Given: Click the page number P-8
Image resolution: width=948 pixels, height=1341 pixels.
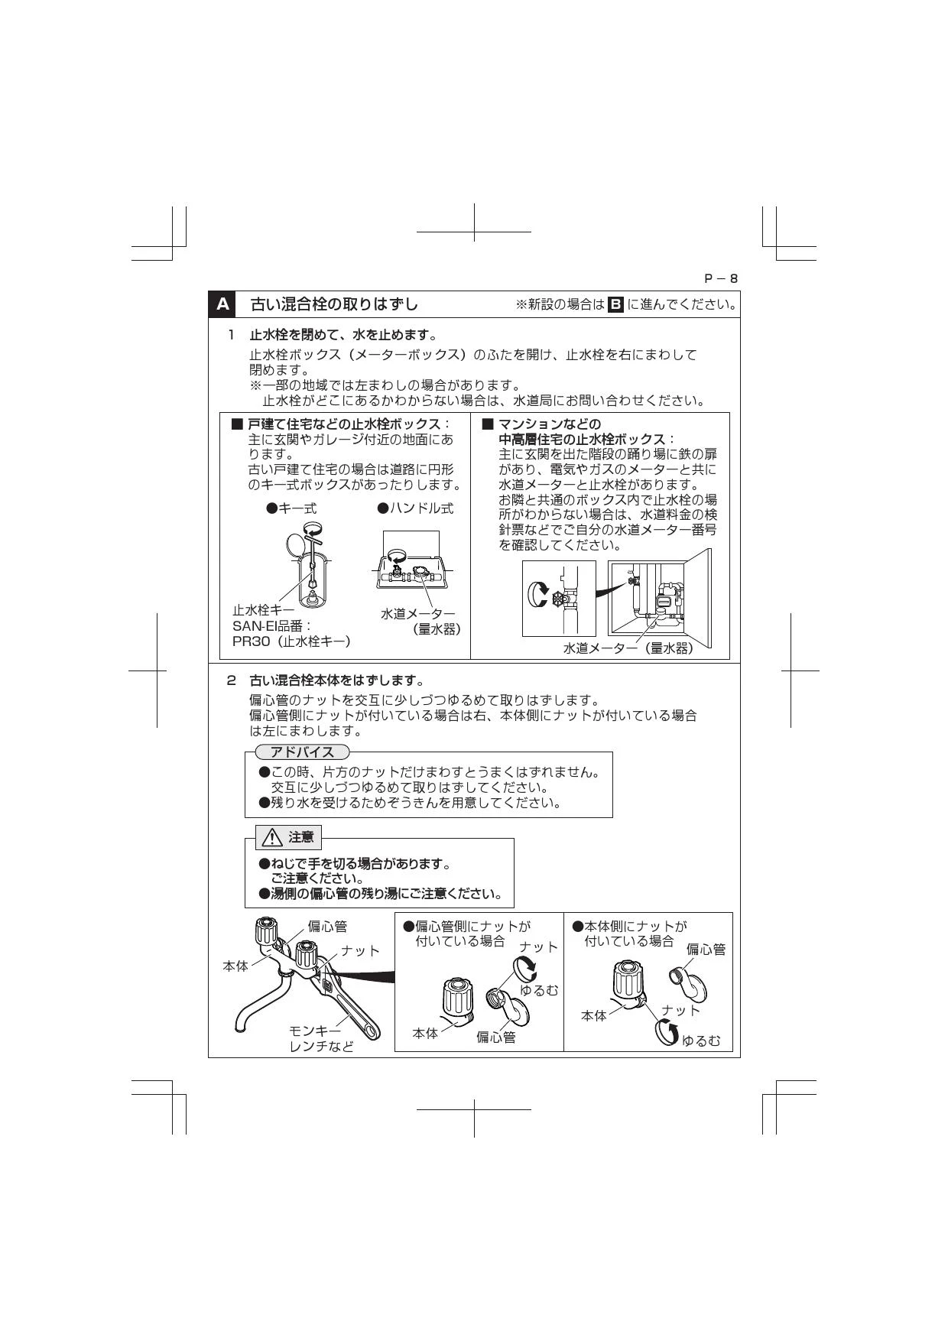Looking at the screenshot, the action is click(721, 278).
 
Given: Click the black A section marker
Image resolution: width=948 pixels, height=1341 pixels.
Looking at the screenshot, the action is click(222, 304).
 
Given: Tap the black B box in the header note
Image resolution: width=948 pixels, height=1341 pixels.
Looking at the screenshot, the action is click(615, 304).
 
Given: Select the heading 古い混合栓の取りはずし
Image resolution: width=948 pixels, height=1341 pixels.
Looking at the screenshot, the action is click(335, 304).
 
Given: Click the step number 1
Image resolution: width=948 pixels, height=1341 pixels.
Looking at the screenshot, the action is click(231, 335).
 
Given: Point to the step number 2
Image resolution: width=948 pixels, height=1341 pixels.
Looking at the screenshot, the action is click(231, 680).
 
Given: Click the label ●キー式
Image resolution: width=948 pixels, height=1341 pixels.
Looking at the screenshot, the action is click(291, 508).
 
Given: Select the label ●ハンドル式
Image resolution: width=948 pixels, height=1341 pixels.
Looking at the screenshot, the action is click(415, 508).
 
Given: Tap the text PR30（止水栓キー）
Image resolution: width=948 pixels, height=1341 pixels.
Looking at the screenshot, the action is click(291, 641).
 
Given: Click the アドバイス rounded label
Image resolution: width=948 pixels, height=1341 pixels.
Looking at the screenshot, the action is click(302, 752).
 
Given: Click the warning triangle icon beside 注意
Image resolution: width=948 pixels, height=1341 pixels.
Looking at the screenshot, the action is click(272, 838).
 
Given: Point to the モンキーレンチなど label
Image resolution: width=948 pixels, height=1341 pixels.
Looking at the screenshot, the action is click(321, 1038).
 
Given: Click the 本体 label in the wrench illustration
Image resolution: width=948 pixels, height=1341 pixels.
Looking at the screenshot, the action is click(235, 966).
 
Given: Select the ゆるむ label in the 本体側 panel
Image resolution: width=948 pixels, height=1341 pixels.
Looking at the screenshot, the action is click(701, 1041).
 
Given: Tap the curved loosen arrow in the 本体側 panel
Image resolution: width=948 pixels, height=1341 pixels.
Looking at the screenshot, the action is click(667, 1034).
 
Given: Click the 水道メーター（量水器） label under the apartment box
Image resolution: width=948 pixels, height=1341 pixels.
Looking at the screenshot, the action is click(628, 648).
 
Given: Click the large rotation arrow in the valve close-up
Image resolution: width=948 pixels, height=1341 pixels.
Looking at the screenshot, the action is click(538, 593).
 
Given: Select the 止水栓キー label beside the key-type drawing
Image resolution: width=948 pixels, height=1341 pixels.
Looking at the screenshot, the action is click(263, 610).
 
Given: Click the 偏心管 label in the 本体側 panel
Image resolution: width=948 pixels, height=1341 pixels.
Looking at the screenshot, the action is click(706, 950).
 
